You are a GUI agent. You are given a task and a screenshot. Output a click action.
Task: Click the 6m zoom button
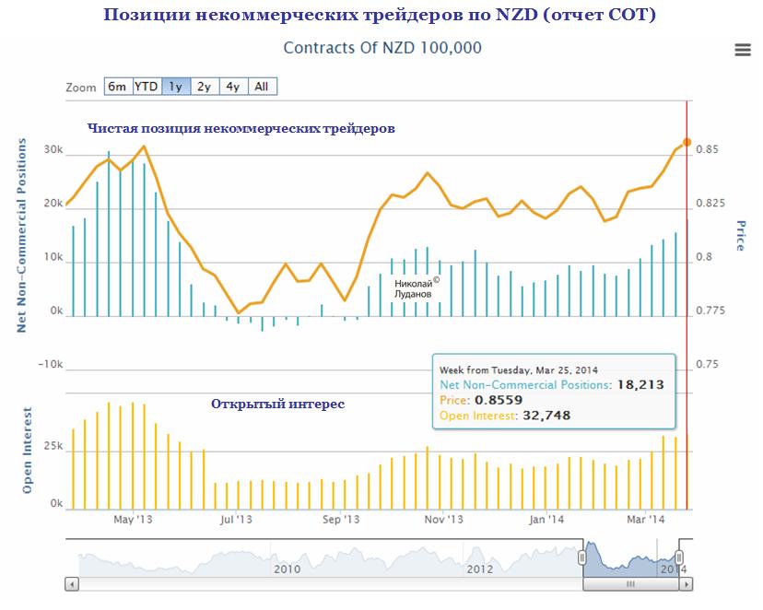pos(117,87)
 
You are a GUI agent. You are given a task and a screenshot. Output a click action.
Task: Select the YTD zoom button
pos(147,87)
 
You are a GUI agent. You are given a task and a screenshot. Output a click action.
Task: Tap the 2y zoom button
pos(205,87)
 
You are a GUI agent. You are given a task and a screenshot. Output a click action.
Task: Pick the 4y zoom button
pos(233,87)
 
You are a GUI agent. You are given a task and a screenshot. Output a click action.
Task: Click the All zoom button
pos(262,87)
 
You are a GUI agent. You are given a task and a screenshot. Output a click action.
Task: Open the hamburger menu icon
pos(743,51)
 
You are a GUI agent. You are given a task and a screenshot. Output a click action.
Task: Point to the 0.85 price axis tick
pos(707,150)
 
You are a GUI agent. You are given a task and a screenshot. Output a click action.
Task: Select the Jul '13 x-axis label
pos(236,520)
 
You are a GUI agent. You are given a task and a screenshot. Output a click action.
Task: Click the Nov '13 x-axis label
pos(443,520)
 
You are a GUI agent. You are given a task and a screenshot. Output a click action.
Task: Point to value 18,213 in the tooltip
pos(640,385)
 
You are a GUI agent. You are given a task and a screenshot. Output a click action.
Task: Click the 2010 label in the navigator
pos(288,569)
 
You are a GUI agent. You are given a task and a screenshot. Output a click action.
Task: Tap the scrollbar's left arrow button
pos(71,584)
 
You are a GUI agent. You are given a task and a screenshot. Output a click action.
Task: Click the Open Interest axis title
pos(28,451)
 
